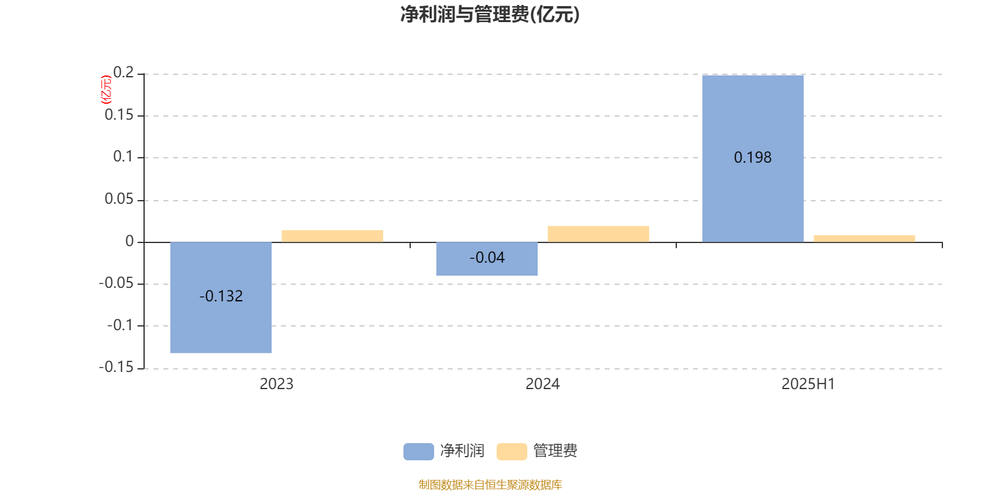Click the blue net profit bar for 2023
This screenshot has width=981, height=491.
point(221,297)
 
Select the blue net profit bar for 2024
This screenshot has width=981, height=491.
point(487,258)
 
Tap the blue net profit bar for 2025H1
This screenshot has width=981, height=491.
point(753,159)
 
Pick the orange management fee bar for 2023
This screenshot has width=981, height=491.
point(332,236)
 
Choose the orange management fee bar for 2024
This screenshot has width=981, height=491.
point(598,234)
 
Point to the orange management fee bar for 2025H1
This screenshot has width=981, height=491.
point(865,239)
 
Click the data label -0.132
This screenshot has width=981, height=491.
point(221,296)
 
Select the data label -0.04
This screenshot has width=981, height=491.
point(487,258)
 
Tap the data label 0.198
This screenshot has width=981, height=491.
point(753,157)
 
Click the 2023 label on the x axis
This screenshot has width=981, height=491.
point(277,384)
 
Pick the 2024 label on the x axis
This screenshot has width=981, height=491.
point(543,384)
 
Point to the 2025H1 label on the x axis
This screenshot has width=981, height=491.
point(809,384)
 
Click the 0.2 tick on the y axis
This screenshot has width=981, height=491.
point(123,72)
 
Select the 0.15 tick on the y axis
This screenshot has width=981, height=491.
point(119,115)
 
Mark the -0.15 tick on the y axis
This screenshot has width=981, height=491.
point(116,367)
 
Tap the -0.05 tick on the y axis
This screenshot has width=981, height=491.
point(116,283)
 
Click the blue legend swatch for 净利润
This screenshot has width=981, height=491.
point(419,452)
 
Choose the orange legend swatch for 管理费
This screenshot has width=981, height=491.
point(511,452)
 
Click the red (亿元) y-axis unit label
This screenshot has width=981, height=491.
point(107,90)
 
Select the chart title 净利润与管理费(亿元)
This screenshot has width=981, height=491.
point(490,15)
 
